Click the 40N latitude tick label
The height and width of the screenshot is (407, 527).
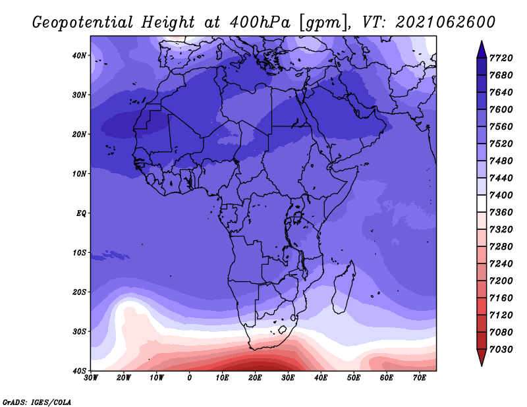79,55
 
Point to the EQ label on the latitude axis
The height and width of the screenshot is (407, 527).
81,213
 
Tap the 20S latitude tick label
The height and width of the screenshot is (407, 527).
79,292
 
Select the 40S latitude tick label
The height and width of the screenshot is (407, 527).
79,371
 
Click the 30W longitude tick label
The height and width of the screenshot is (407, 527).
91,378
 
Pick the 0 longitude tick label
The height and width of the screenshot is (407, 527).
190,378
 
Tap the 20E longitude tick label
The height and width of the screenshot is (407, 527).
255,378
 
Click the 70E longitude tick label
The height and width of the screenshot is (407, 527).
420,378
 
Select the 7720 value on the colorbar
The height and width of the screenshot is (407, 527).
503,58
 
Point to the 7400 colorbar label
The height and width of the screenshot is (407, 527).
503,195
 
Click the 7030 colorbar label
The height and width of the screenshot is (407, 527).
503,349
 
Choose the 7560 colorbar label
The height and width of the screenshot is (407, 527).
503,126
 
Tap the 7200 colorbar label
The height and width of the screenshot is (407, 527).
503,281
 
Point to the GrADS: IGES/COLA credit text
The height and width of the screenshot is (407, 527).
36,400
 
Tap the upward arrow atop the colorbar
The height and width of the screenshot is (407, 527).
481,47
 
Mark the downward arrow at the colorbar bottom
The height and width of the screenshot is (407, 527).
481,359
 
